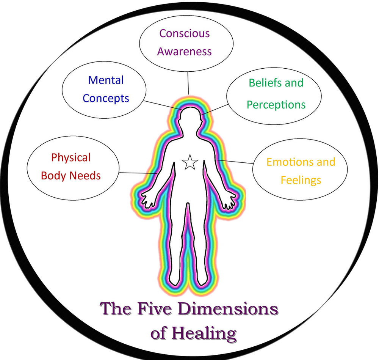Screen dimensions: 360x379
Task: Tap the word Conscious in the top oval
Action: coord(184,33)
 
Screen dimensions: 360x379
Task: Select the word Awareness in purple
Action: coord(184,52)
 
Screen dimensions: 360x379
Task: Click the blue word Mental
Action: coord(106,80)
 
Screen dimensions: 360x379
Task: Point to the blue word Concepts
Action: coord(106,99)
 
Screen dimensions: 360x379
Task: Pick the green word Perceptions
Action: coord(276,105)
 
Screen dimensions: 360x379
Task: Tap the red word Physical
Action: coord(71,157)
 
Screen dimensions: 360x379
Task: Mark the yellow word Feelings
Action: coord(301,180)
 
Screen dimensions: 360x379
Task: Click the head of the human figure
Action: coord(189,119)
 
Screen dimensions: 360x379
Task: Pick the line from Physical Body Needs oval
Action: coord(139,173)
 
